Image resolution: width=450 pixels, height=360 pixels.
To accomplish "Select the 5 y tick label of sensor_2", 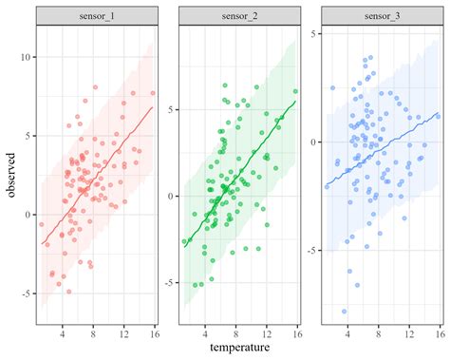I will pos(172,109).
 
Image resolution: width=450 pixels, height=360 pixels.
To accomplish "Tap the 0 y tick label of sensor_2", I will pos(172,196).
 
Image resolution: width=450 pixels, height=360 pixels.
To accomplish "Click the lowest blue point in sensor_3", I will pos(345,311).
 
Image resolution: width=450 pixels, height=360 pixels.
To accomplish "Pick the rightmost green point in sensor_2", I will pos(295,91).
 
